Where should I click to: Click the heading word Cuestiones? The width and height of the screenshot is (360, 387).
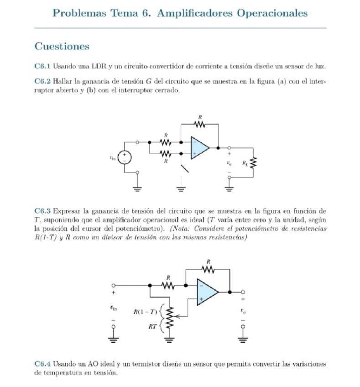[62, 47]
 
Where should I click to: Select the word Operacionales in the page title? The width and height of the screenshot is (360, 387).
[272, 13]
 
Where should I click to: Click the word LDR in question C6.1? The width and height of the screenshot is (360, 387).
[99, 67]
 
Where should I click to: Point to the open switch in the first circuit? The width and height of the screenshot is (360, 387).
[185, 169]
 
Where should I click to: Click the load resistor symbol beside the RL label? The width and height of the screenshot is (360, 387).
[254, 162]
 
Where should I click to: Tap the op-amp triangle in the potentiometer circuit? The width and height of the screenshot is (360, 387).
[206, 292]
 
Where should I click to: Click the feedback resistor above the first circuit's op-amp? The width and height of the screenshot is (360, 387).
[199, 124]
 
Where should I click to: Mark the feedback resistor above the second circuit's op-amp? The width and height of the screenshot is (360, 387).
[208, 270]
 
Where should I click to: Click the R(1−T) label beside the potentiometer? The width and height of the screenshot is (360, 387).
[145, 312]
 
